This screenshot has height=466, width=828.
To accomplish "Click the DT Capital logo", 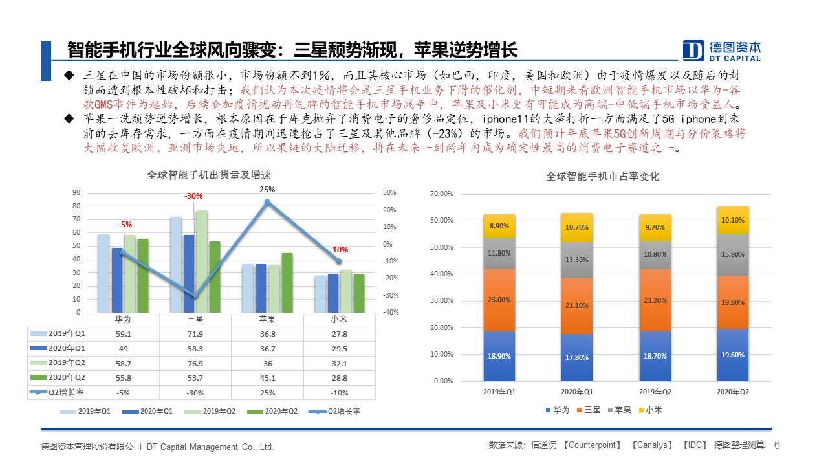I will point(722,50).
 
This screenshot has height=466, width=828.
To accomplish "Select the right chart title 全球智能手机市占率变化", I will point(602,176).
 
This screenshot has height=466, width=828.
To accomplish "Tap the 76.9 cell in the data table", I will point(195,363).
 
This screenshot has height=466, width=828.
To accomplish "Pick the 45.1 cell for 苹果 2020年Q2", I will point(267,378).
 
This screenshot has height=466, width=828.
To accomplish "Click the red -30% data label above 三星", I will point(193,195).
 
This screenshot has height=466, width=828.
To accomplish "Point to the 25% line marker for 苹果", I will point(267,203).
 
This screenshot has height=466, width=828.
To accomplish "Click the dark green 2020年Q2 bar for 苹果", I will point(287,282).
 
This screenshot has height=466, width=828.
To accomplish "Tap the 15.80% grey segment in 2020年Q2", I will point(733,254).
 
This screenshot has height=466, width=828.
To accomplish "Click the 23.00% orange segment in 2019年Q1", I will point(499,300).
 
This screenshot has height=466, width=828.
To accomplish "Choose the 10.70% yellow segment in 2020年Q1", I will point(576,227).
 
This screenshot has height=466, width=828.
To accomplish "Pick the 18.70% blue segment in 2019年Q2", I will point(655,356).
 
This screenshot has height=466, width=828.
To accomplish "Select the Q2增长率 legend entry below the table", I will point(334,412).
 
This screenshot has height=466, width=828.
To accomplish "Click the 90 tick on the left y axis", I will point(76,192).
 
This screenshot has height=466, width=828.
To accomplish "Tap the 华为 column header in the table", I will point(123,319).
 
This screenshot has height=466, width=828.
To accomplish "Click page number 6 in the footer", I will point(777,445).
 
